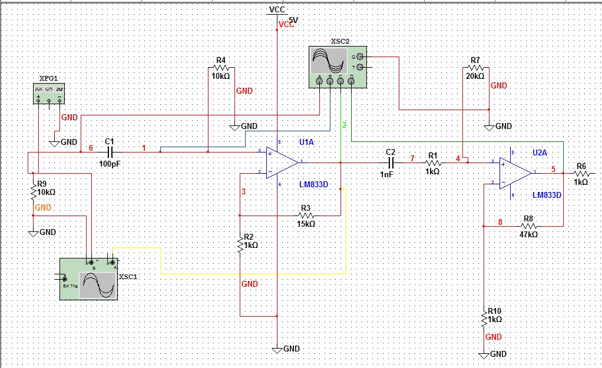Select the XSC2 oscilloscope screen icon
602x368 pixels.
329,60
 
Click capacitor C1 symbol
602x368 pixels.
109,152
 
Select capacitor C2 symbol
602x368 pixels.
391,162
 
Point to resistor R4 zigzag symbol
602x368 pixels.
221,68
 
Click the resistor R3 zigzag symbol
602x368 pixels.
305,216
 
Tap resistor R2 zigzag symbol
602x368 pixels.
240,244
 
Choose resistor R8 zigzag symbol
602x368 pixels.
529,226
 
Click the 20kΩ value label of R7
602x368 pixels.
475,76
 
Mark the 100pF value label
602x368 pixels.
109,164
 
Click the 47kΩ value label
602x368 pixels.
528,234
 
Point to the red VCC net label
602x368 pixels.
287,24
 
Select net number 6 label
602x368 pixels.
91,148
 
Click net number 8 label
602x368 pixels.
500,222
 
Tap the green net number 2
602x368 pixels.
345,125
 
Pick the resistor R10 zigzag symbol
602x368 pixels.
483,319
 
